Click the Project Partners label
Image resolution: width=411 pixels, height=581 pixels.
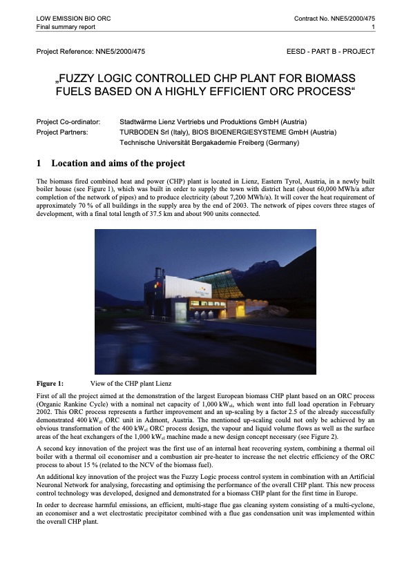pyautogui.click(x=64, y=132)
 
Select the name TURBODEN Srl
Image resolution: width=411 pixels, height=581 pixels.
pyautogui.click(x=145, y=132)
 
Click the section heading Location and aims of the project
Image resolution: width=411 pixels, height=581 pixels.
pyautogui.click(x=118, y=164)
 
